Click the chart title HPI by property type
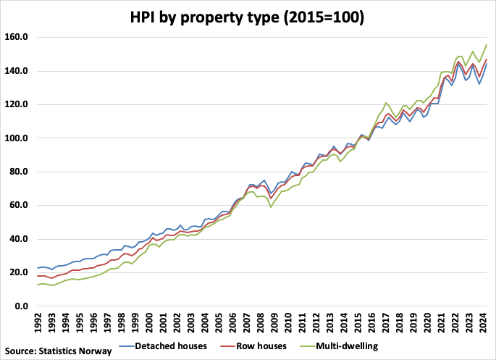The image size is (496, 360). pyautogui.click(x=248, y=15)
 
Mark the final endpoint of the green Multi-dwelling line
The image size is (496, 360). pyautogui.click(x=486, y=45)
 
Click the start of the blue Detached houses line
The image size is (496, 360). pyautogui.click(x=37, y=268)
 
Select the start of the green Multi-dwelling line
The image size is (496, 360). pyautogui.click(x=37, y=285)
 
